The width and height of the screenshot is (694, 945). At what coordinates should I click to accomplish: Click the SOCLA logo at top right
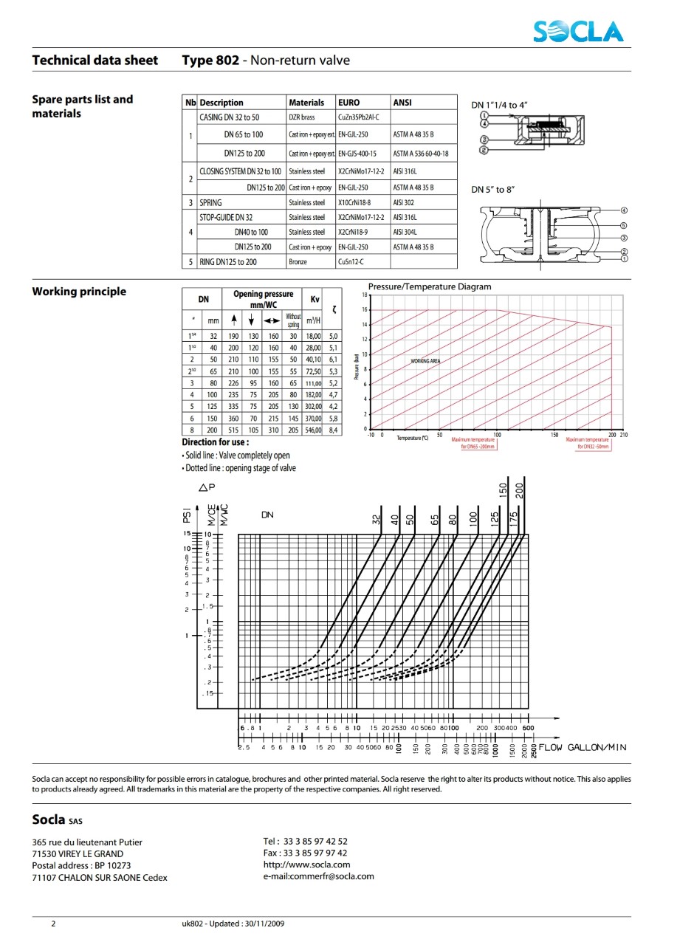[580, 31]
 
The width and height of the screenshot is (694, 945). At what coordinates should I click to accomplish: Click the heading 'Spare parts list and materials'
[83, 106]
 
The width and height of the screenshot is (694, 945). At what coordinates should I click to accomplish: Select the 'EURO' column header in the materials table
[348, 103]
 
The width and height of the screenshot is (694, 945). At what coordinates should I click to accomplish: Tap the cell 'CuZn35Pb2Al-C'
[359, 117]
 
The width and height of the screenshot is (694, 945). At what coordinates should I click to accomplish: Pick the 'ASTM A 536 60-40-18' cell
[421, 154]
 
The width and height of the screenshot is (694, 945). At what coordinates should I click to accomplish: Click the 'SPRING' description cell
[211, 202]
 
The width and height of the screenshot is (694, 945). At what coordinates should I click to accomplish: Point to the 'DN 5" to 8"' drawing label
[493, 190]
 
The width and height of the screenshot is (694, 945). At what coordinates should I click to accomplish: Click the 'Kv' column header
[315, 299]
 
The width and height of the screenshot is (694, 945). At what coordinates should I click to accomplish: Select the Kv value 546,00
[314, 430]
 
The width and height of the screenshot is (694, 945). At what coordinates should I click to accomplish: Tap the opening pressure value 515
[233, 430]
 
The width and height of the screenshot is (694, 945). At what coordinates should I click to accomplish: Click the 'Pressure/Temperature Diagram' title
[430, 286]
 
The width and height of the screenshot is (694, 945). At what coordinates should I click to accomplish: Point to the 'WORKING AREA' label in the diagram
[426, 361]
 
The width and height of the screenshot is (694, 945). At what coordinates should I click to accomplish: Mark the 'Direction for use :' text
[216, 442]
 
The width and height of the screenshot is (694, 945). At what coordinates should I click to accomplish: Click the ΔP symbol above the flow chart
[207, 487]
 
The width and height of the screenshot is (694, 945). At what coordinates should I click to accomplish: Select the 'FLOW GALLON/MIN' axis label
[583, 747]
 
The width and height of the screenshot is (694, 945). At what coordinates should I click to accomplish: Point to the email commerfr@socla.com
[318, 876]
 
